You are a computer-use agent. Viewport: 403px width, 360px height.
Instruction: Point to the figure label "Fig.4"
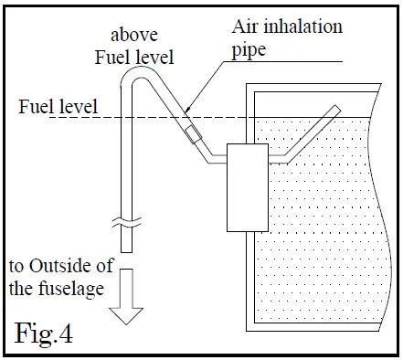click(44, 330)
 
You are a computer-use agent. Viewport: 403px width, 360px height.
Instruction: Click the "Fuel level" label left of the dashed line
click(54, 107)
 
